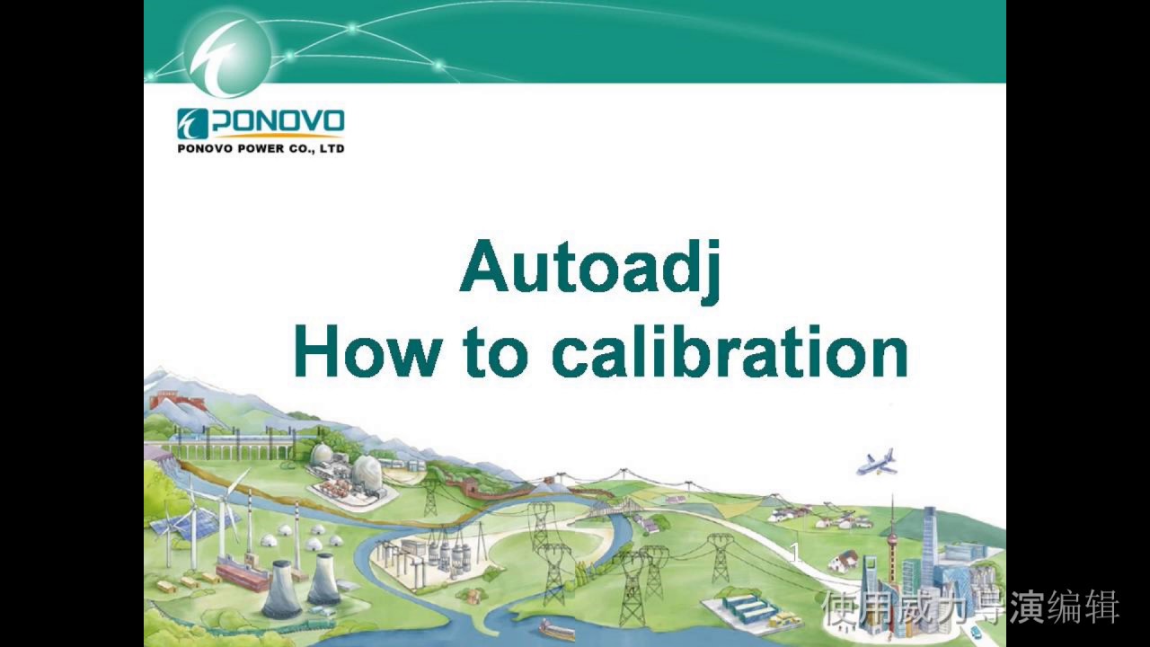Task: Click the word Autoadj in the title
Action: click(590, 268)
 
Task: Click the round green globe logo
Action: click(226, 52)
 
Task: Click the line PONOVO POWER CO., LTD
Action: click(261, 149)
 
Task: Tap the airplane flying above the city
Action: click(877, 462)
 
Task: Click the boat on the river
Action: click(557, 629)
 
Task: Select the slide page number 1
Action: click(794, 554)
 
